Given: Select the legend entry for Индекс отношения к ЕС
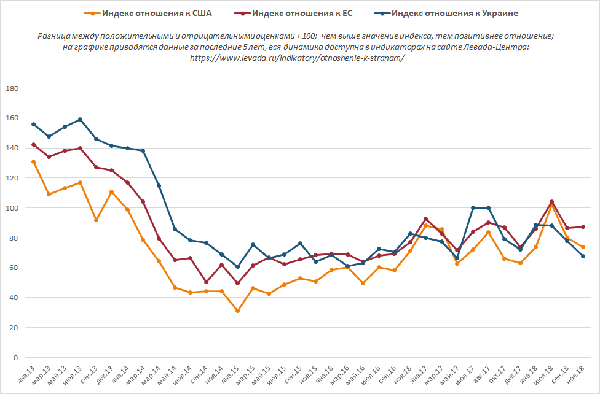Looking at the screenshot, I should [301, 13].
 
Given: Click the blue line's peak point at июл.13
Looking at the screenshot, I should [81, 119].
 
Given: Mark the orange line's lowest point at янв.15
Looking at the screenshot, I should [237, 311].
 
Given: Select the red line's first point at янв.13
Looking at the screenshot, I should [33, 145].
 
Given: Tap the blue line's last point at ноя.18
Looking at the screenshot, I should [583, 256].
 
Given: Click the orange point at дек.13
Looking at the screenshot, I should [111, 192].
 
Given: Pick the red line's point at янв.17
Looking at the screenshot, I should [426, 219].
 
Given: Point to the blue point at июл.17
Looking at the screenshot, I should [473, 207].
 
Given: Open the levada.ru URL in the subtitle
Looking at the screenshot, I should [298, 57].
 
